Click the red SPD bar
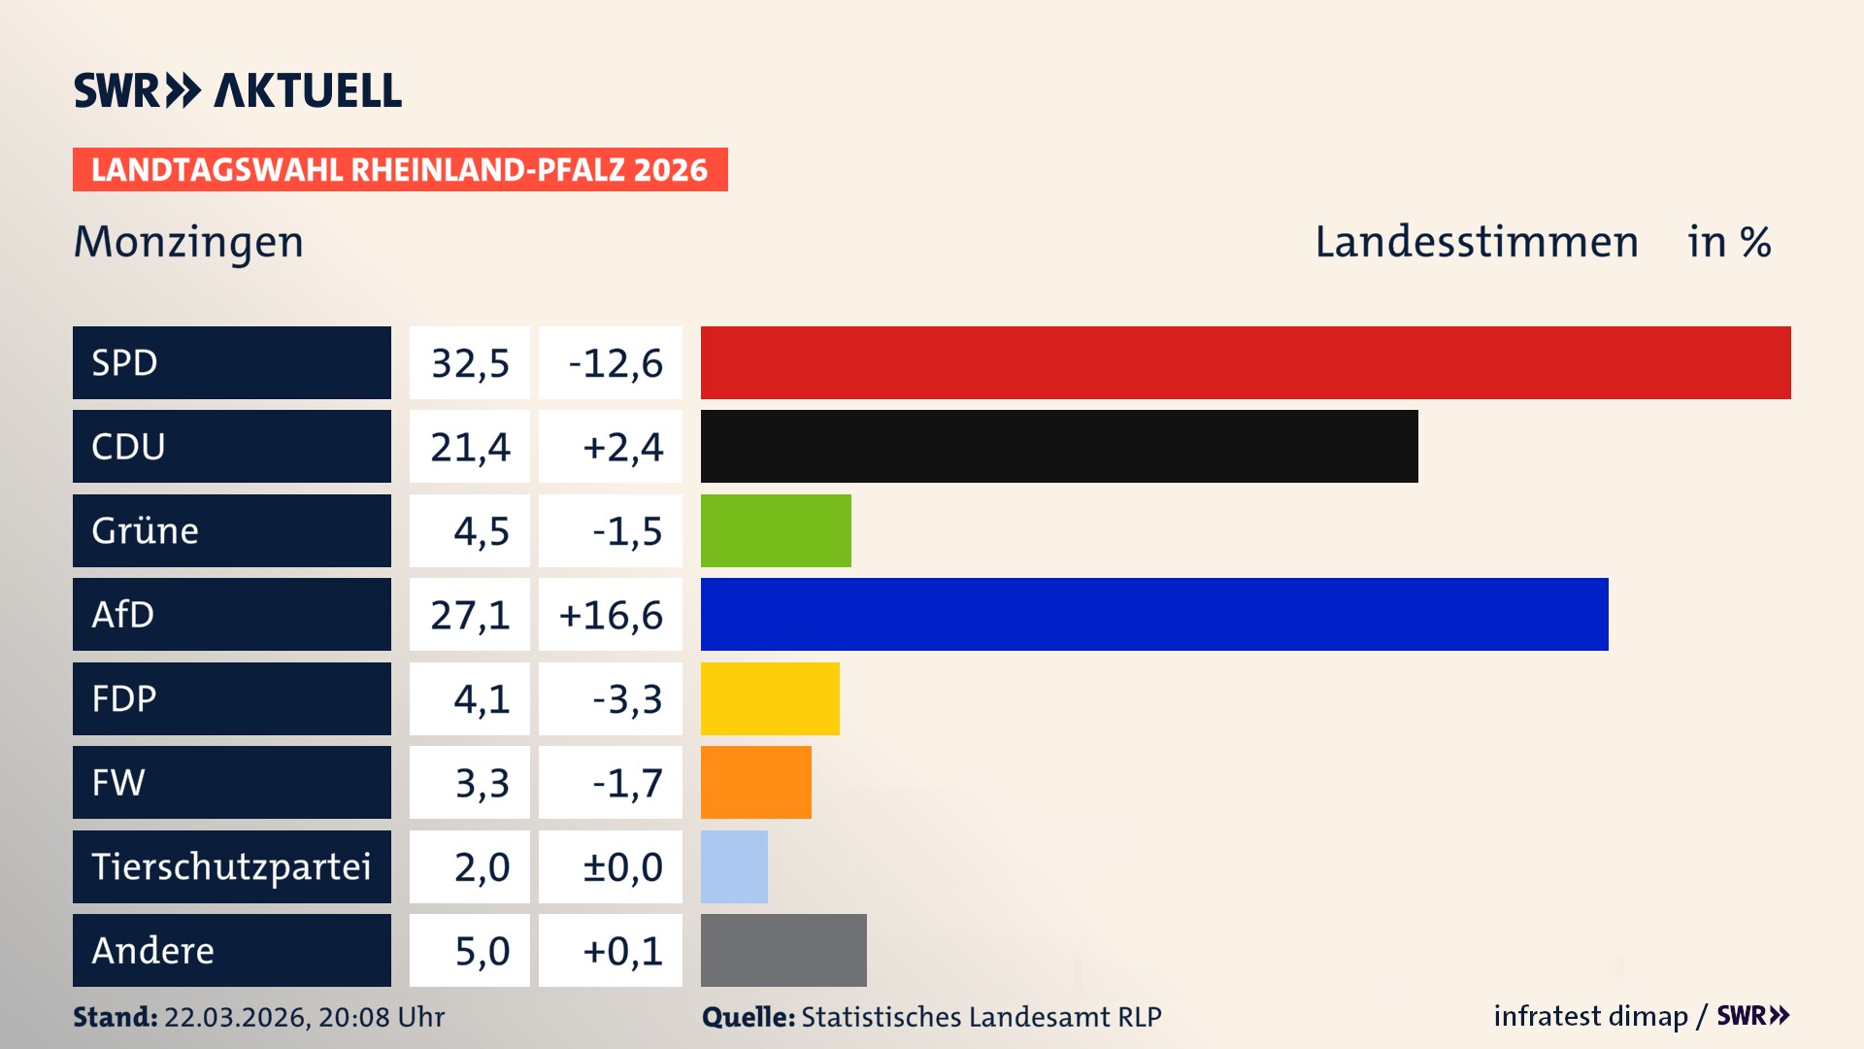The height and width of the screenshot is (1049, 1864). pos(1246,362)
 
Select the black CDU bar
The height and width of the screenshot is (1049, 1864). pos(1059,447)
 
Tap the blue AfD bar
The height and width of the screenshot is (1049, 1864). pos(1154,615)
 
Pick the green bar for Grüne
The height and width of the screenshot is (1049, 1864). pos(776,530)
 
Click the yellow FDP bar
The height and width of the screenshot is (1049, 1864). pos(770,698)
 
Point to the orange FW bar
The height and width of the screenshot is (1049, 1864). pos(755,783)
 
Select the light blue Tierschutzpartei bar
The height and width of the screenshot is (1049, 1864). pos(734,866)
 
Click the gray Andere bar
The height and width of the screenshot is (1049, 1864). pos(783,950)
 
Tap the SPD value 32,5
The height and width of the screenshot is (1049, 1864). pos(470,363)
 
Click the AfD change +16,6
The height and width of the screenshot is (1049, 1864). pos(611,615)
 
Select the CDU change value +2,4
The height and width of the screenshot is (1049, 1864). pos(622,447)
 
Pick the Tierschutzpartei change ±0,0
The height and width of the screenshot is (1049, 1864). pos(622,866)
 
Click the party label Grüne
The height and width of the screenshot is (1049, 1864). pos(146,530)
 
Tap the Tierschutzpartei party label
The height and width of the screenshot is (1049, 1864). pos(231,866)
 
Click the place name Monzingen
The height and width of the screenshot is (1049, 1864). pos(189,242)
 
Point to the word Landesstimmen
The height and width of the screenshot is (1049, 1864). pos(1476,242)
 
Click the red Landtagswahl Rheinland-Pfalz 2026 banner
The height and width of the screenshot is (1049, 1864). pos(400,170)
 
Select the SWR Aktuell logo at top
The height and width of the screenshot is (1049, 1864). pos(238,90)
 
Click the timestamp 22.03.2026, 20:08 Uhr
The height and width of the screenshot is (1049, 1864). pos(304,1017)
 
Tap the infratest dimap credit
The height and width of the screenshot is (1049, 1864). pos(1590,1016)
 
